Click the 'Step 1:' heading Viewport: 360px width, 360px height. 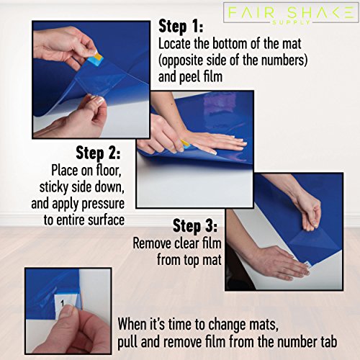tap(181, 26)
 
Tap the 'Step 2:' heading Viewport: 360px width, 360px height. tap(98, 153)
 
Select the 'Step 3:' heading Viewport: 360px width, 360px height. tap(195, 226)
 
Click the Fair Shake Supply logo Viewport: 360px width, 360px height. tap(291, 13)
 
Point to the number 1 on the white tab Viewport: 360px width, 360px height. tap(63, 304)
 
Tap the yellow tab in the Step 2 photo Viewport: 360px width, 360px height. tap(184, 143)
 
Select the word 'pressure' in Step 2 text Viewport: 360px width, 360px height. tap(103, 204)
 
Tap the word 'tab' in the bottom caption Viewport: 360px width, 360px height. tap(328, 342)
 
